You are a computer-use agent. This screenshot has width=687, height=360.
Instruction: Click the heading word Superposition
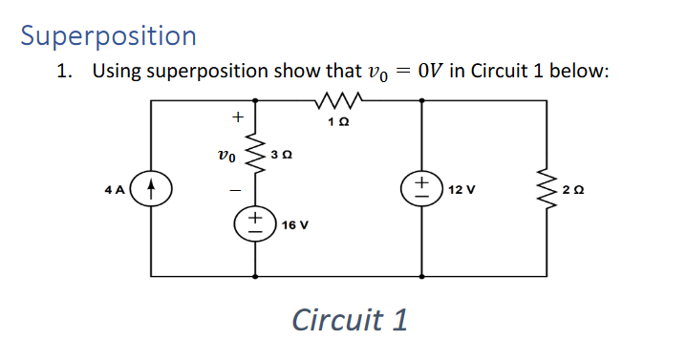pos(108,35)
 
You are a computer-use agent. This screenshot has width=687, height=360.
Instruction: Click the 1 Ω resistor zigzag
pos(340,99)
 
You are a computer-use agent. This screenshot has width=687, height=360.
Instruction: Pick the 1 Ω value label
pos(341,121)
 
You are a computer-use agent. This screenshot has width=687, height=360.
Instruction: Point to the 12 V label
pos(462,189)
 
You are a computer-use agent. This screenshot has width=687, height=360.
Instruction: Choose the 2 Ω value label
pos(573,189)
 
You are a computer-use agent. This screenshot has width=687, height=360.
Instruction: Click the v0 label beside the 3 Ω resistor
pos(225,153)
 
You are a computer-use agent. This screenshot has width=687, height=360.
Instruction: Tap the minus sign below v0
pos(232,188)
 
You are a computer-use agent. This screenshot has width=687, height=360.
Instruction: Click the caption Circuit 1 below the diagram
pos(350,319)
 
